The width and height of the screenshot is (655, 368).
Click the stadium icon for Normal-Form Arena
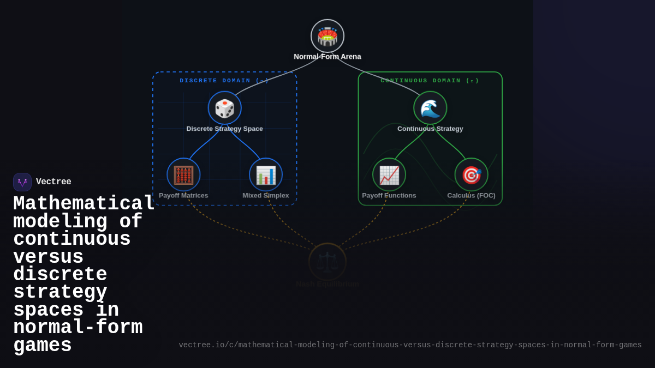click(x=327, y=36)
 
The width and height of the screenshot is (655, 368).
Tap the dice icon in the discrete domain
click(x=224, y=108)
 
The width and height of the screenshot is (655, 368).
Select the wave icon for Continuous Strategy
click(x=430, y=108)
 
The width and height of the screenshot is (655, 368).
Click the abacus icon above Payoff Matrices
click(x=183, y=175)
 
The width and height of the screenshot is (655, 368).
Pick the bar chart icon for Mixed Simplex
click(x=266, y=175)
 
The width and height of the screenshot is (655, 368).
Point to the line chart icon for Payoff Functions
click(x=389, y=175)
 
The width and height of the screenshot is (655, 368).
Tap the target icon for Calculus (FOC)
click(x=472, y=175)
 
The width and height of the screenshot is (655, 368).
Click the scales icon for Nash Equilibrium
click(x=327, y=262)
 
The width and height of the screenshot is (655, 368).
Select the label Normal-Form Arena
click(x=327, y=57)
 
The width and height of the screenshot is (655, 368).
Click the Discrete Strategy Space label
click(x=224, y=129)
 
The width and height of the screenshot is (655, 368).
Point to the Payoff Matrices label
click(x=183, y=196)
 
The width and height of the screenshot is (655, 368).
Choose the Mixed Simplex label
click(x=266, y=196)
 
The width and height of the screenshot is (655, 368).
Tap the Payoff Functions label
click(x=389, y=196)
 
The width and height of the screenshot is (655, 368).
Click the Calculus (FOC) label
click(x=472, y=196)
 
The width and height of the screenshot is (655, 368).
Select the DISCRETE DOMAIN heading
click(x=224, y=81)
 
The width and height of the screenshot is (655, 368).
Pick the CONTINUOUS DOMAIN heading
click(x=430, y=81)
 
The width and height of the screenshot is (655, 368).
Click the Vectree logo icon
click(x=22, y=182)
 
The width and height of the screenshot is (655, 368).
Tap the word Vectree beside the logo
click(x=53, y=182)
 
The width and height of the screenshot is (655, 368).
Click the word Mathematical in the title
click(x=84, y=204)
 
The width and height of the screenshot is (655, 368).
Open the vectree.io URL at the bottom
click(x=410, y=345)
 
